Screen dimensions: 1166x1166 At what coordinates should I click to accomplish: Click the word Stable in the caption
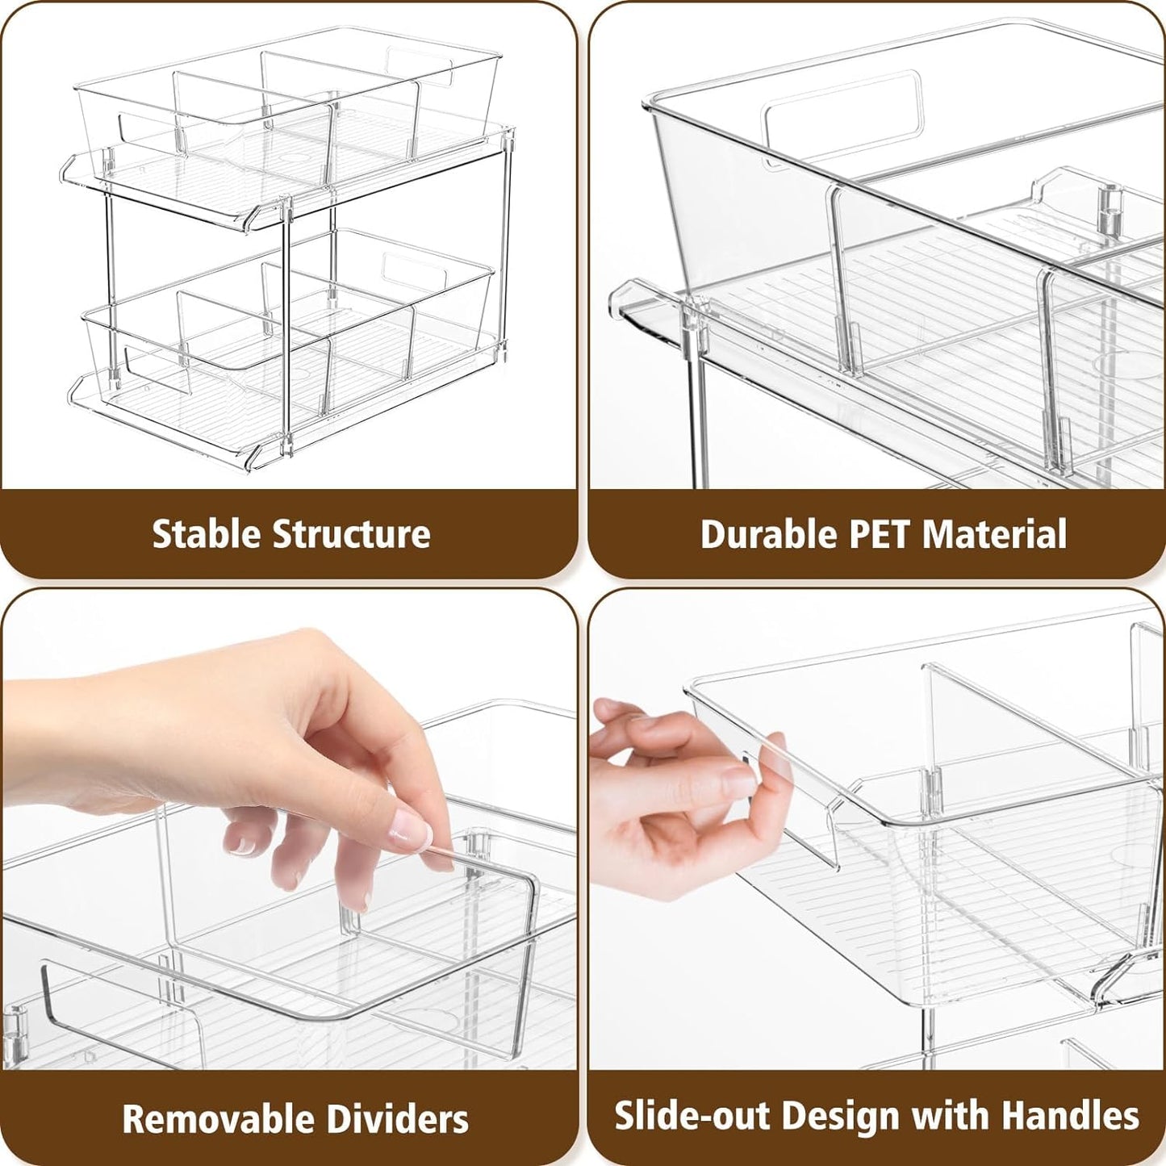[206, 534]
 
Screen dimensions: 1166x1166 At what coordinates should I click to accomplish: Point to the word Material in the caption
[994, 534]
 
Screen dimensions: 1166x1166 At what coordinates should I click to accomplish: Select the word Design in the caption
[842, 1116]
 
